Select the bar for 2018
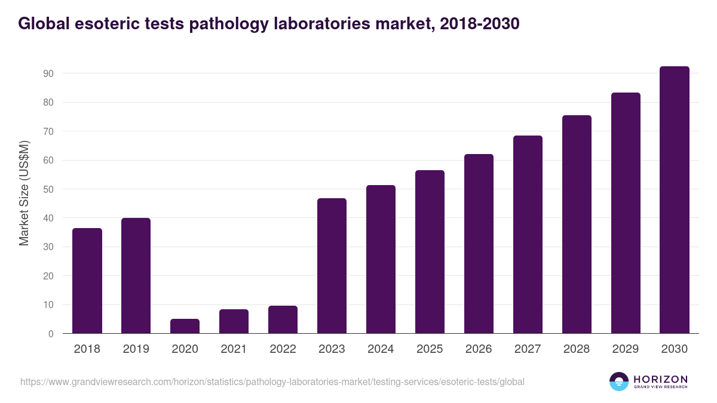pos(87,281)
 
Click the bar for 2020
pos(185,326)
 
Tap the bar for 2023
pos(332,266)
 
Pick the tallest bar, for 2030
pos(675,200)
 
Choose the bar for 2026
pos(479,244)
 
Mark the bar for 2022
pos(283,319)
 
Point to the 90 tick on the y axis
pos(48,73)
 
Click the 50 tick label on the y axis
pos(48,189)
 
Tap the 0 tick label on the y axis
pos(51,334)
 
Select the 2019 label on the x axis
pos(136,349)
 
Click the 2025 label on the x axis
pos(430,349)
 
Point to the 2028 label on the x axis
pos(577,349)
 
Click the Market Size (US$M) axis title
pos(24,193)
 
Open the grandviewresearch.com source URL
pos(272,382)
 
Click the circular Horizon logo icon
pos(619,382)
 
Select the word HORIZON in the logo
pos(660,379)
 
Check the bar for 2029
pos(626,213)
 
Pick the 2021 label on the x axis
pos(234,349)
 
